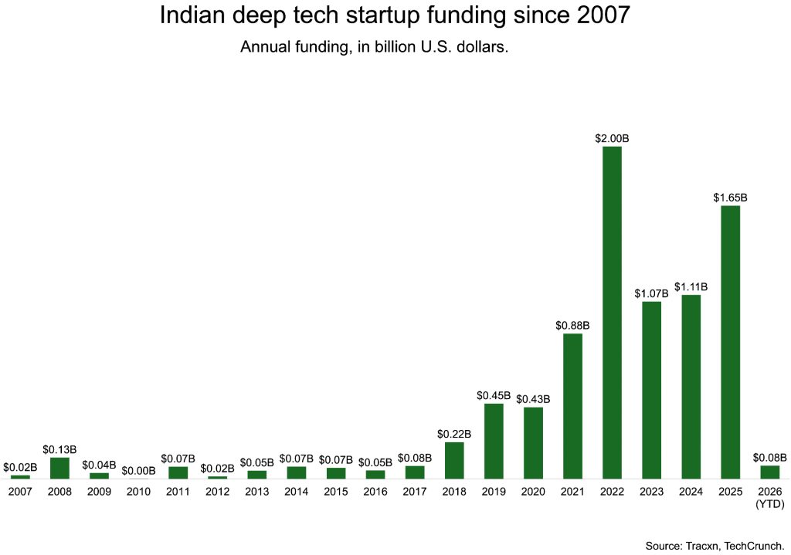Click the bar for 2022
[612, 312]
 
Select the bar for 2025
[730, 341]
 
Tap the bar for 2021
[572, 405]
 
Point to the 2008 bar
[59, 468]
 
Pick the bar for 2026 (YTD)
[769, 472]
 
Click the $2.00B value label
[612, 138]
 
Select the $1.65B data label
[730, 198]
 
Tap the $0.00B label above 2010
[138, 470]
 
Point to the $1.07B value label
[651, 293]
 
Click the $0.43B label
[533, 399]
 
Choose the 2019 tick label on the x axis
[494, 491]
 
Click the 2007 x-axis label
[20, 491]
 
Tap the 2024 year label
[691, 491]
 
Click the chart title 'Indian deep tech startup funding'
[395, 15]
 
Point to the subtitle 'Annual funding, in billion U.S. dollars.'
[373, 47]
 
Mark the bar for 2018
[454, 460]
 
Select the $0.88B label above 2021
[572, 325]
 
